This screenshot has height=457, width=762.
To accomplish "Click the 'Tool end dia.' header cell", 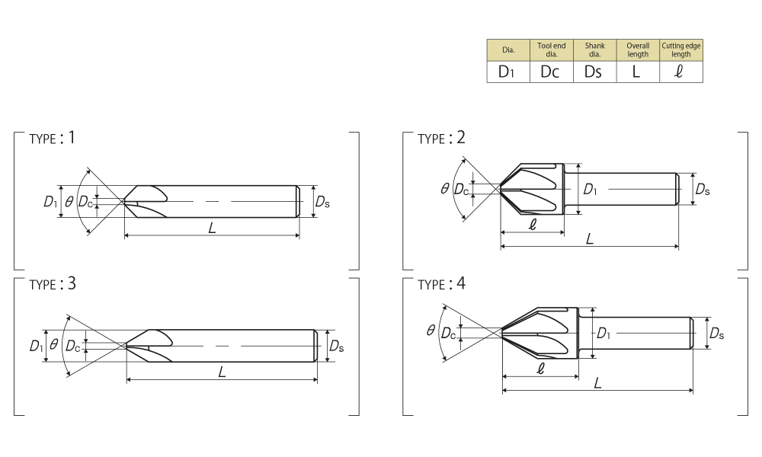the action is (552, 50).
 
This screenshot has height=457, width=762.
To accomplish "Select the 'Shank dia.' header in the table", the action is (595, 50).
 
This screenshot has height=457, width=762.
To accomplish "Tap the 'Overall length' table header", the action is (638, 50).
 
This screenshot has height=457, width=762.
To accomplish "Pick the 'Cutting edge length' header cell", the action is (680, 50).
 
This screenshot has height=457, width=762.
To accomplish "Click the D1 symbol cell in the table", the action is (508, 72).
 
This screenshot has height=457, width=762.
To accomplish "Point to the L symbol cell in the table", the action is (638, 72).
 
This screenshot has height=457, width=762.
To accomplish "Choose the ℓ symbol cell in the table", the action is (680, 72).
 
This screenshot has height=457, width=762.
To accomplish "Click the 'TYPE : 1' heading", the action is (52, 138).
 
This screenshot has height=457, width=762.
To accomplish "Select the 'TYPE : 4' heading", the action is (441, 283).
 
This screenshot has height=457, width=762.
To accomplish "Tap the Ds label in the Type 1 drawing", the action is (322, 202).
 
